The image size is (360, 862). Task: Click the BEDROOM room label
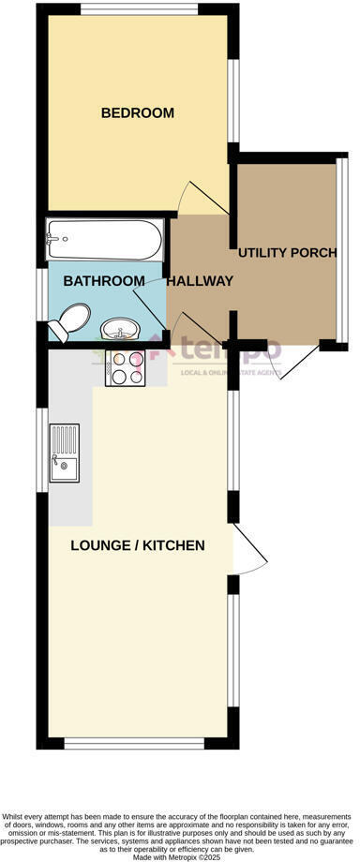click(x=138, y=113)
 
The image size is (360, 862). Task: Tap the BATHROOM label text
click(x=104, y=280)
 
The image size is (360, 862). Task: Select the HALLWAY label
click(x=200, y=280)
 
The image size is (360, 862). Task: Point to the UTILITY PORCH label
click(x=287, y=253)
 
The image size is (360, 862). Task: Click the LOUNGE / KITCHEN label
click(x=138, y=545)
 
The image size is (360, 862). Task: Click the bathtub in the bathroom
click(x=103, y=243)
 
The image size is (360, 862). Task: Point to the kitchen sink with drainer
click(x=66, y=454)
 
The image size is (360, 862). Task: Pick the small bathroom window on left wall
click(x=41, y=295)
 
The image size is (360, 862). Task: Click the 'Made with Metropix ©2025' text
click(x=180, y=856)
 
